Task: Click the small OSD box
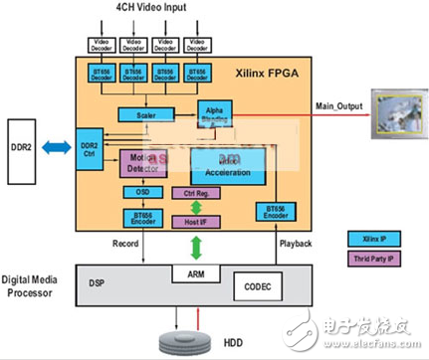tap(136, 191)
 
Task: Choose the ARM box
tap(188, 271)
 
